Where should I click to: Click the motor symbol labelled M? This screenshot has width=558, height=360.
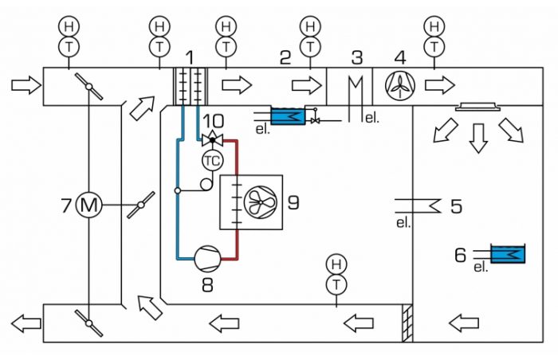89,205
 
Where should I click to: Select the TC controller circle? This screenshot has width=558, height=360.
213,161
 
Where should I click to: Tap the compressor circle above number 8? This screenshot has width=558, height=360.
207,258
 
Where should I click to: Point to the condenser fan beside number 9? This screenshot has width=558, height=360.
261,202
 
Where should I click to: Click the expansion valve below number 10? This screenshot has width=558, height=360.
213,139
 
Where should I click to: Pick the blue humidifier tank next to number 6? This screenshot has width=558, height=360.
508,254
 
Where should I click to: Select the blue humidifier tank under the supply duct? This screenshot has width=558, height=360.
288,115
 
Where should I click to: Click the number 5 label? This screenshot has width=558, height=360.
457,206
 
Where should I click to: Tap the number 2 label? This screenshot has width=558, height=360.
285,57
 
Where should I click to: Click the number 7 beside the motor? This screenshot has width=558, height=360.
66,205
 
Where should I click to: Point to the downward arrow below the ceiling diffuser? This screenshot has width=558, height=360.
478,139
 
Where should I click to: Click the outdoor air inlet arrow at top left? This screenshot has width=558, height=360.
26,86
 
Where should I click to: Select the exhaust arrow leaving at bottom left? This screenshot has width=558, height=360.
26,323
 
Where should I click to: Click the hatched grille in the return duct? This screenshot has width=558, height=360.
407,323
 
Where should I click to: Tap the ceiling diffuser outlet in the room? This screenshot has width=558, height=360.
478,107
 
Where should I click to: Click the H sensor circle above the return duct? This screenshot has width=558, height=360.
336,264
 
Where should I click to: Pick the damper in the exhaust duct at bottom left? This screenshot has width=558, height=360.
89,323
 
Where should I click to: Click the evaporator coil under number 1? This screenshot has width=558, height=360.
191,87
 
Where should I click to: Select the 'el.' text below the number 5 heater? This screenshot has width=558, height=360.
403,223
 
